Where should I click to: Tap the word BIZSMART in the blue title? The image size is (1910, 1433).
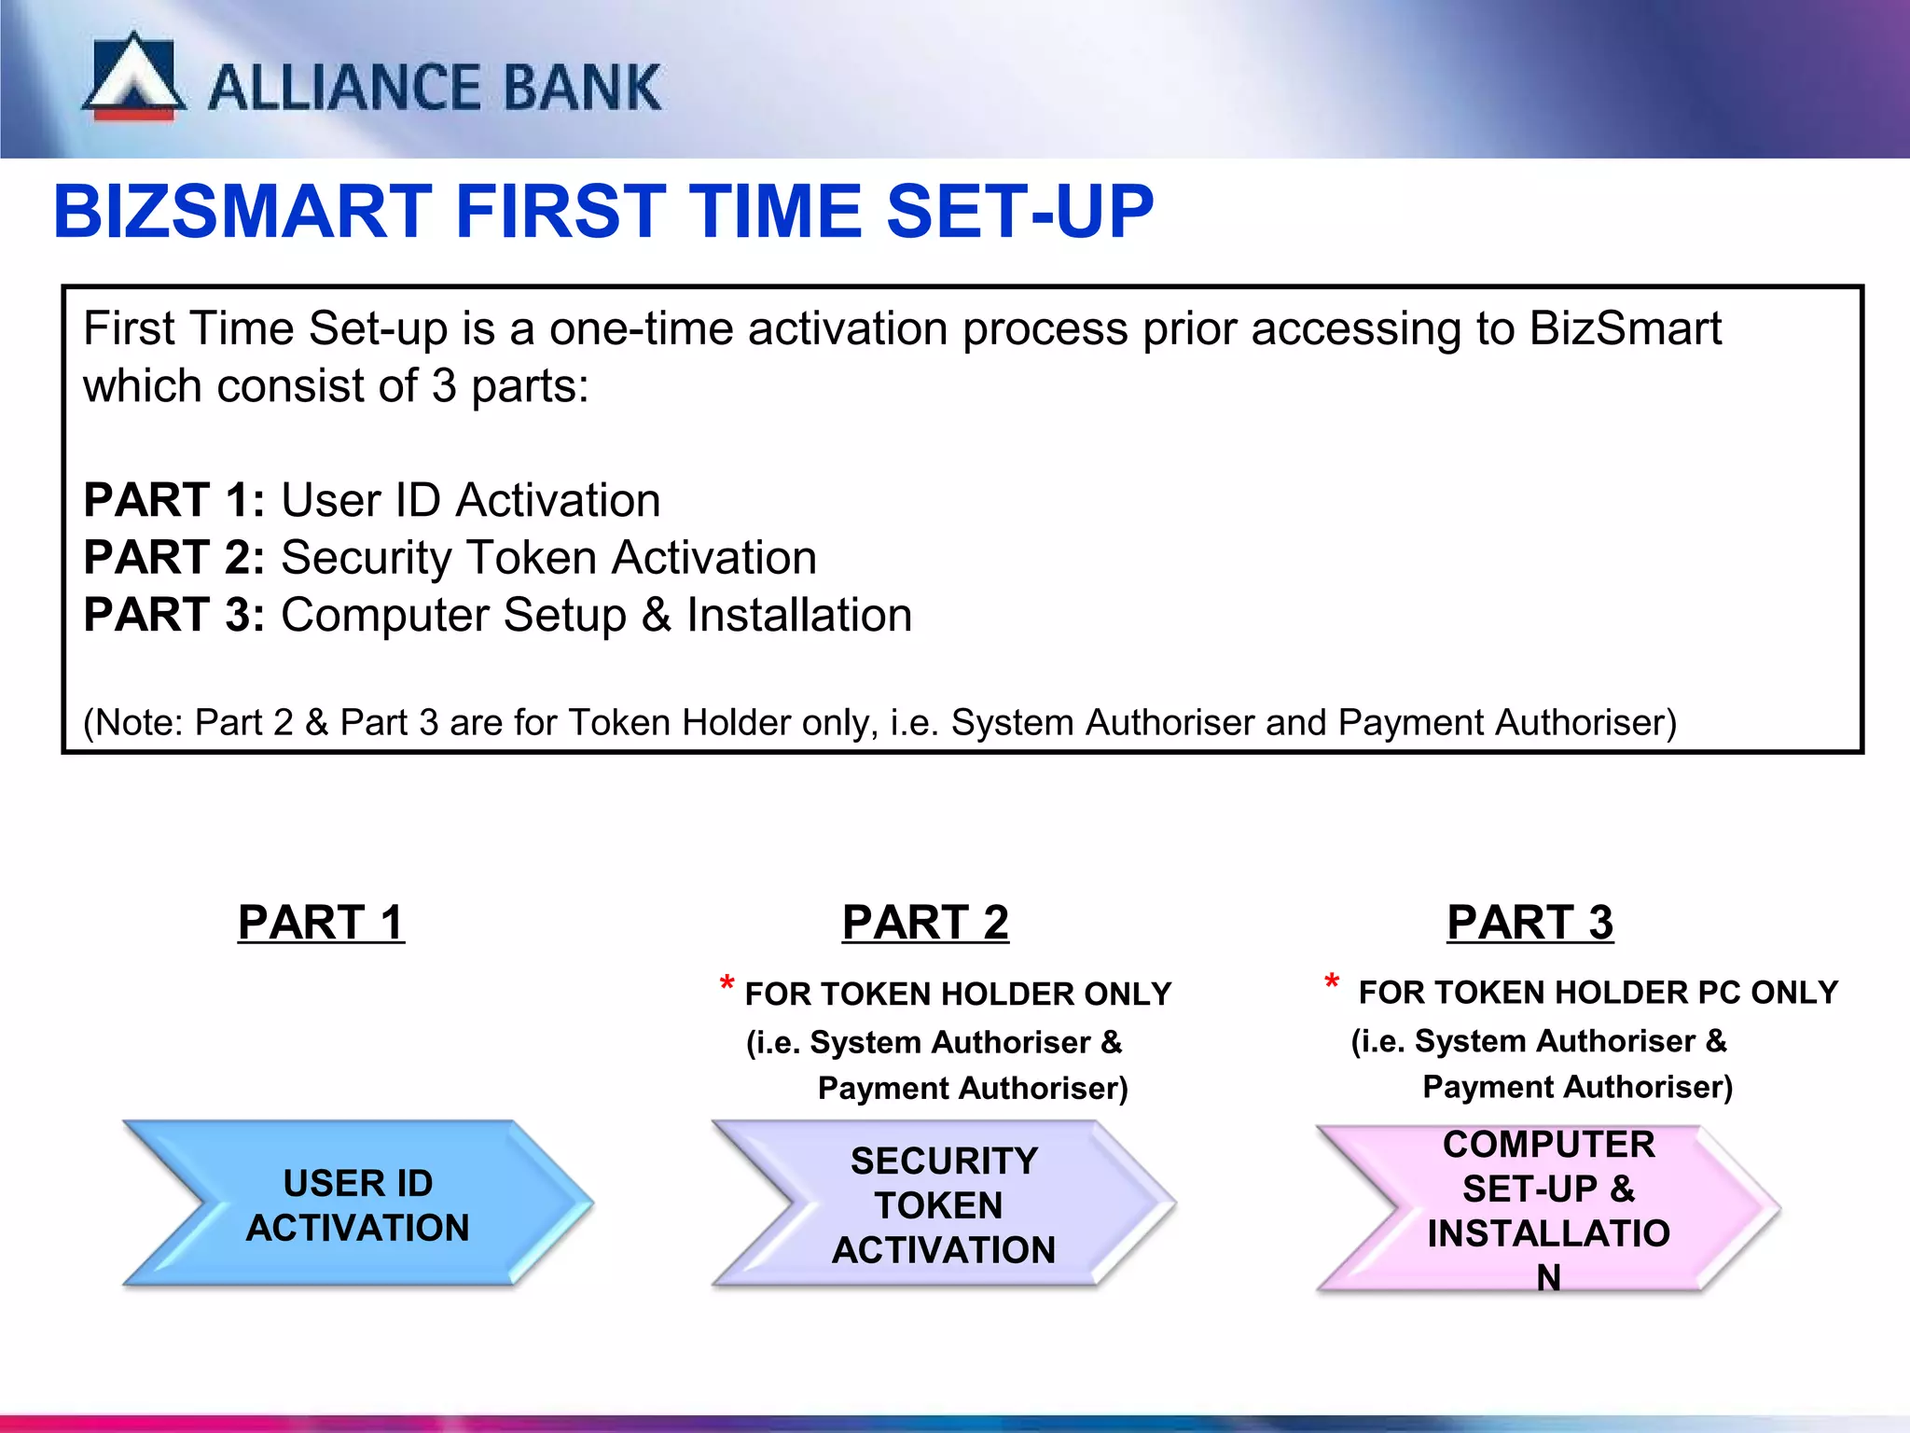(242, 212)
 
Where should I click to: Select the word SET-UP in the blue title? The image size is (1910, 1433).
(1019, 212)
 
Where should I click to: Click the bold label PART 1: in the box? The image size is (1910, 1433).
(174, 500)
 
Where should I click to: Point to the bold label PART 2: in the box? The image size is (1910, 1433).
(174, 558)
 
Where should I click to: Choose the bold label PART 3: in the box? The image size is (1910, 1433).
(174, 616)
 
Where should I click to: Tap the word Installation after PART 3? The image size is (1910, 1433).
(799, 616)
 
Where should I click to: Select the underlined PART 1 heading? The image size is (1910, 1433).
(321, 923)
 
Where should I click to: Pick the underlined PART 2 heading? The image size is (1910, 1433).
(925, 923)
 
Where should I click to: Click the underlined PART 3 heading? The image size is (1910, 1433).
(1529, 923)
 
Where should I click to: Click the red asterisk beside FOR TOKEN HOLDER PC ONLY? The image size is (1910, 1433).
(1332, 982)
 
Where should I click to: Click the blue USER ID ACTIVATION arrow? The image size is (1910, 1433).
(358, 1204)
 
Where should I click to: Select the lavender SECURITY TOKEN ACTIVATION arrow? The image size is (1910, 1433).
(943, 1204)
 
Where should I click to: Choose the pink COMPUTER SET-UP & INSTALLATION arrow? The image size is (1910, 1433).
(1548, 1209)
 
